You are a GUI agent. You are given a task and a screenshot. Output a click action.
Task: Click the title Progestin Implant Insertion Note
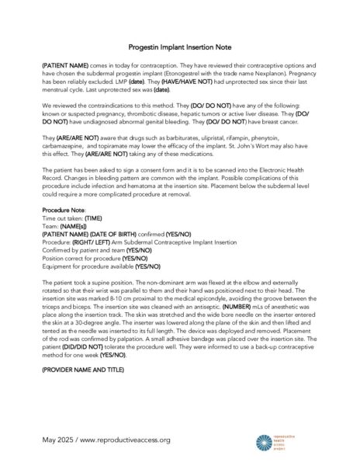coord(180,47)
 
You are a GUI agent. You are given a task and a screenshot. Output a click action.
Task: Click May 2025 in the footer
coord(58,440)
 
